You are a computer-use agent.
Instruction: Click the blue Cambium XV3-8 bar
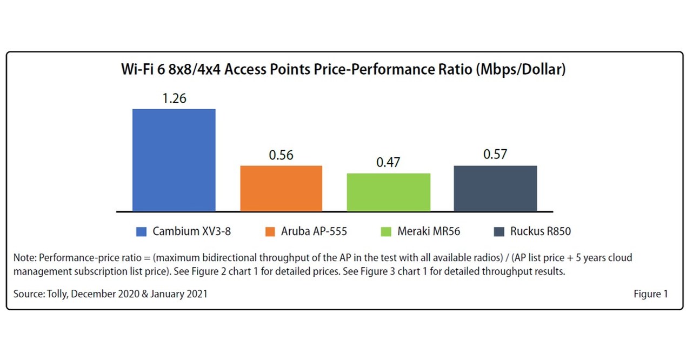(174, 160)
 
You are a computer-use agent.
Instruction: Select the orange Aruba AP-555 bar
(281, 188)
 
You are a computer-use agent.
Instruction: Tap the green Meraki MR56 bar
(388, 192)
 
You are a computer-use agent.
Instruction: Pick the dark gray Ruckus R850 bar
(495, 188)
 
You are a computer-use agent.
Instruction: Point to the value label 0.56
(281, 155)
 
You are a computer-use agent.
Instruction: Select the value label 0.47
(388, 162)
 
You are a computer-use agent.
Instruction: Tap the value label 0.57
(495, 155)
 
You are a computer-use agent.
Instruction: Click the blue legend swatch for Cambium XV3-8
(142, 231)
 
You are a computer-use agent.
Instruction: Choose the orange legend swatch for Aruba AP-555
(270, 231)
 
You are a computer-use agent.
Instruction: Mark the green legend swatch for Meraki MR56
(386, 231)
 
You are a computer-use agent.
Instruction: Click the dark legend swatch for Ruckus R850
(499, 231)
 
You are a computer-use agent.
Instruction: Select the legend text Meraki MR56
(430, 231)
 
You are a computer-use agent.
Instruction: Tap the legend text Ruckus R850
(541, 231)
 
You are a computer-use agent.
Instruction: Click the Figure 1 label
(650, 294)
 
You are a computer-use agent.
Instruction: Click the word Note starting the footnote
(24, 258)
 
